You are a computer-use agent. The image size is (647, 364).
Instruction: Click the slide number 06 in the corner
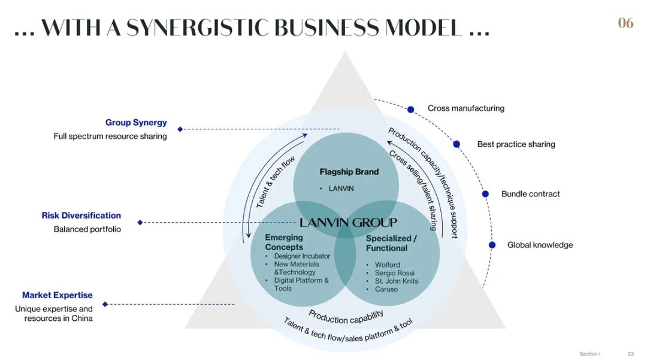pyautogui.click(x=625, y=23)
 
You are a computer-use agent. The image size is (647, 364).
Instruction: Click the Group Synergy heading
pyautogui.click(x=136, y=123)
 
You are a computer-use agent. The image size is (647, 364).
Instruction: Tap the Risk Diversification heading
pyautogui.click(x=81, y=216)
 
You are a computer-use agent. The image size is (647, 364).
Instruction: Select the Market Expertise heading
pyautogui.click(x=58, y=295)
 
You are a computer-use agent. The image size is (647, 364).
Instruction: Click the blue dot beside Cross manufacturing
pyautogui.click(x=410, y=110)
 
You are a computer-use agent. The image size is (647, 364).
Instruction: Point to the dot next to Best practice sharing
pyautogui.click(x=456, y=144)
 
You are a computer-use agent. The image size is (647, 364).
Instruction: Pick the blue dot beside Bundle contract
pyautogui.click(x=486, y=194)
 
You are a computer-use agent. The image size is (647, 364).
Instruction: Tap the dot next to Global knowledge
pyautogui.click(x=492, y=245)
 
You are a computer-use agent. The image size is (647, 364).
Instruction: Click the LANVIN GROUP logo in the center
pyautogui.click(x=348, y=223)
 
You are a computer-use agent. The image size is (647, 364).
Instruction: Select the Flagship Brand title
pyautogui.click(x=349, y=172)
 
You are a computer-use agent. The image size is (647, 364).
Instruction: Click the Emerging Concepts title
pyautogui.click(x=284, y=242)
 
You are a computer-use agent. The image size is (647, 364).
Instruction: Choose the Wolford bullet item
pyautogui.click(x=388, y=265)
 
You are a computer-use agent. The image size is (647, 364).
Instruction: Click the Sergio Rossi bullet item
pyautogui.click(x=395, y=273)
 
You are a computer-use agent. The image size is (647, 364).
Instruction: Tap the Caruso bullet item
pyautogui.click(x=386, y=289)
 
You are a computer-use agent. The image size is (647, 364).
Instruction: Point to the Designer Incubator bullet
pyautogui.click(x=302, y=256)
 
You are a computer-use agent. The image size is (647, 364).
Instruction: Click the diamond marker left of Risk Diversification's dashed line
pyautogui.click(x=140, y=223)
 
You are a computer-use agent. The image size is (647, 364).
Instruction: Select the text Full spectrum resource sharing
pyautogui.click(x=110, y=136)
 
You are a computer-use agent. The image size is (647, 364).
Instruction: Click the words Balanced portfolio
pyautogui.click(x=87, y=229)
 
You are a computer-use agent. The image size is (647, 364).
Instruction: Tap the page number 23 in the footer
pyautogui.click(x=631, y=354)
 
